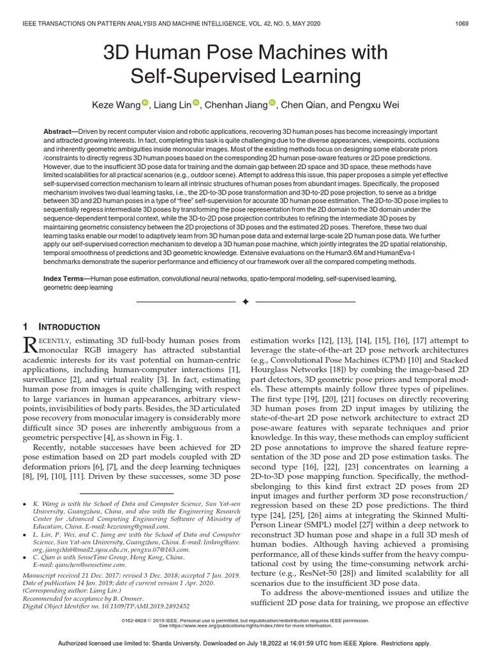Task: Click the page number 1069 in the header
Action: (462, 24)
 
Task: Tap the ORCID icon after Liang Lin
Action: (196, 103)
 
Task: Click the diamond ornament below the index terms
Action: (245, 300)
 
